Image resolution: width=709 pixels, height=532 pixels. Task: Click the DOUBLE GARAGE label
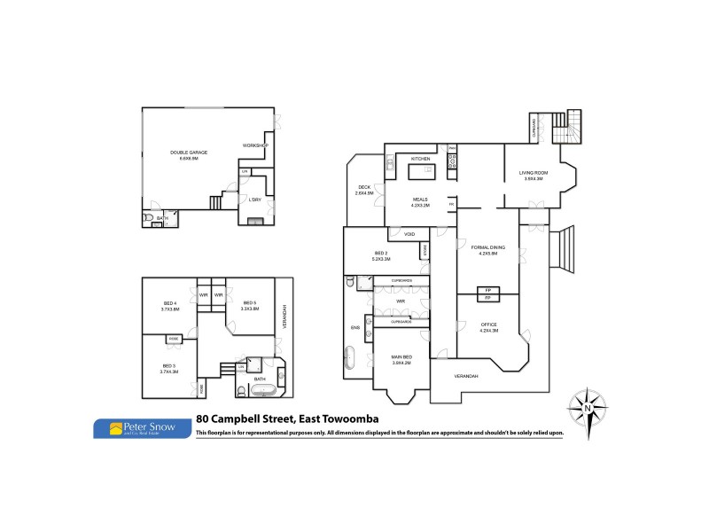(x=189, y=153)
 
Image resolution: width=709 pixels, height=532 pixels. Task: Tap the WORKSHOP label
(x=255, y=145)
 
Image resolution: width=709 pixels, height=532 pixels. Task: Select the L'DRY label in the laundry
(x=255, y=199)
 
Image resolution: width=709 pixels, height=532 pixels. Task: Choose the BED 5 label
(x=250, y=303)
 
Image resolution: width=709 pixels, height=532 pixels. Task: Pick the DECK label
(x=364, y=187)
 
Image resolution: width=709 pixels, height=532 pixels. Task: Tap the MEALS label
(x=420, y=199)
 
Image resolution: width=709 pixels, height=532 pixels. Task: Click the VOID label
(x=409, y=234)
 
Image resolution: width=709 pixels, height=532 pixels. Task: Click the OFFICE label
(x=489, y=325)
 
